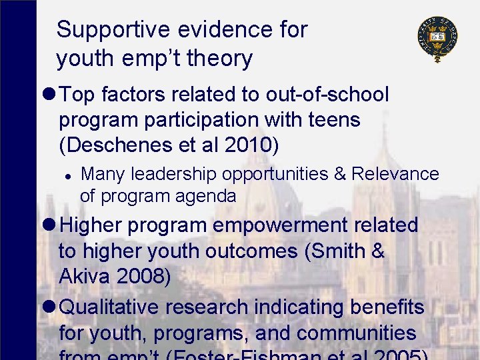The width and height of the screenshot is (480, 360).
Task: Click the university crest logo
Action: point(437,39)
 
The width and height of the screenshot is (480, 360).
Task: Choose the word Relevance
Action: point(395,175)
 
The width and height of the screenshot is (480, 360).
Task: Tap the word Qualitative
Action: point(110,307)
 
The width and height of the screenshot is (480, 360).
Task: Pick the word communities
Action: point(356,333)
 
